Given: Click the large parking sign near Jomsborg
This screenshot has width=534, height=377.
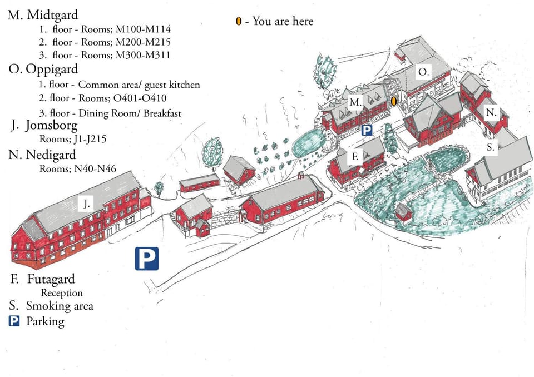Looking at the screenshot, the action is coord(147,259).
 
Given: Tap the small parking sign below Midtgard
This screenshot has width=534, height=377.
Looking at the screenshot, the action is coord(367,130).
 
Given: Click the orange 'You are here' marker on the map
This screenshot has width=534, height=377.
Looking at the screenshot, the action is coord(394,101).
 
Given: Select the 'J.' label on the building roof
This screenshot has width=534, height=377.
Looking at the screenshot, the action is coord(87,204).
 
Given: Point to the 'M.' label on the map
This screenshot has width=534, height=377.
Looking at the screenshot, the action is coord(355,102).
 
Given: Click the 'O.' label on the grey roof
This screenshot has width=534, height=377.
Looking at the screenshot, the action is coord(423,72).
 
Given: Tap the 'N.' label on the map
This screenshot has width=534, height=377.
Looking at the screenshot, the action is coord(491,112).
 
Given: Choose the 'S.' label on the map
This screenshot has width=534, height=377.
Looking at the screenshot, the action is coord(491,147).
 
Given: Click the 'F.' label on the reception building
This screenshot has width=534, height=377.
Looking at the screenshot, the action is coord(355,157).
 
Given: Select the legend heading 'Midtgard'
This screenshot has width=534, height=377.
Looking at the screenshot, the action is coord(52,14).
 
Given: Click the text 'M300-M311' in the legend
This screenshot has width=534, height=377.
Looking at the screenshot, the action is coord(143,55).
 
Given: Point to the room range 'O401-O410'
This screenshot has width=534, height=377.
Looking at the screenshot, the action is coord(140,98).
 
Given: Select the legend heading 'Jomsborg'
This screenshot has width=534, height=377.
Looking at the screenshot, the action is coord(51,126).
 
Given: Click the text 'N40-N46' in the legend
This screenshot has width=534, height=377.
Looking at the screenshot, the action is coord(95,168).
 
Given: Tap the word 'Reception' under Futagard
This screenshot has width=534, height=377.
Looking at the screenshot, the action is coord(62,293).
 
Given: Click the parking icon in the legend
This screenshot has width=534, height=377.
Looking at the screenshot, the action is coord(14,321).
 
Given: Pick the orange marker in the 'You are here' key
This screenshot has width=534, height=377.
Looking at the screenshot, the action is coord(239,21).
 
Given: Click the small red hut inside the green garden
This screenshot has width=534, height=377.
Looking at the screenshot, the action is coord(403,212).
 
